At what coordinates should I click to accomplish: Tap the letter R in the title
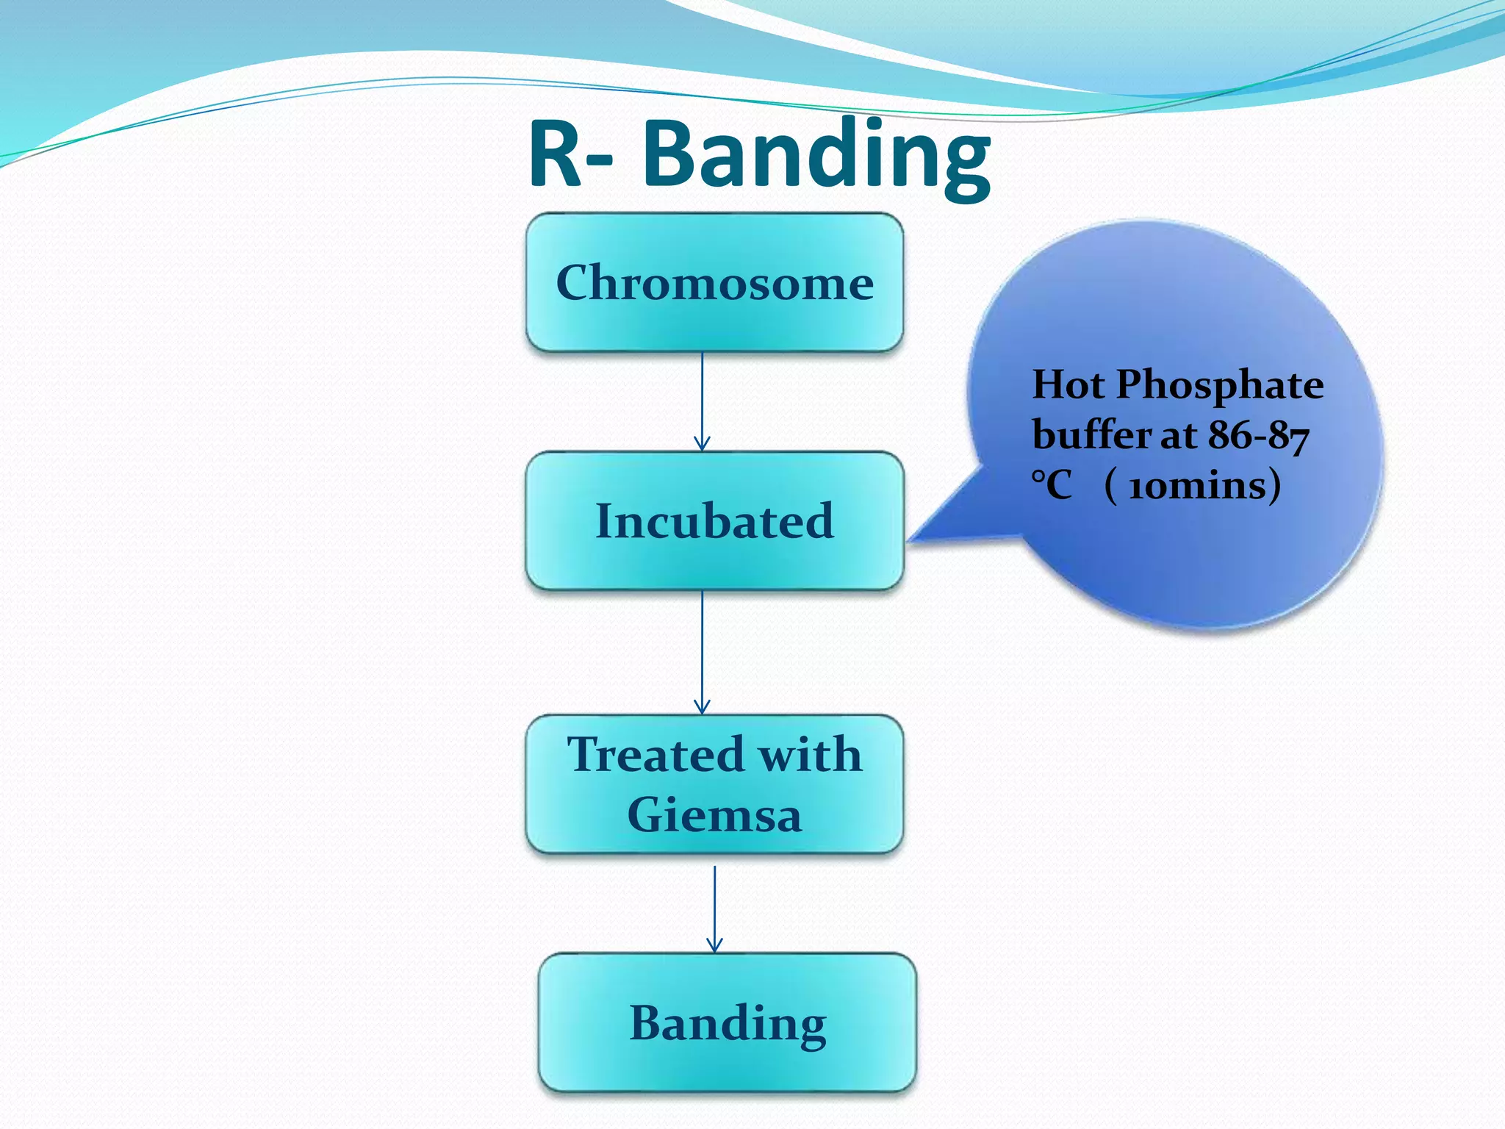[x=556, y=156]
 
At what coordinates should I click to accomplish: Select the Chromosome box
[x=714, y=283]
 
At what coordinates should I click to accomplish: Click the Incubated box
[x=714, y=521]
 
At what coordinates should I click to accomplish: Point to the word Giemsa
[x=714, y=815]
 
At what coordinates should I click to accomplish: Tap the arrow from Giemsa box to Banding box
[x=714, y=909]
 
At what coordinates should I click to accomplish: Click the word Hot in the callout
[x=1068, y=384]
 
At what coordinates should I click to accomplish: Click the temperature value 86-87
[x=1259, y=435]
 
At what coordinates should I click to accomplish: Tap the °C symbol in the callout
[x=1052, y=485]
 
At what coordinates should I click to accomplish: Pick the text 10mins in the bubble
[x=1194, y=486]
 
